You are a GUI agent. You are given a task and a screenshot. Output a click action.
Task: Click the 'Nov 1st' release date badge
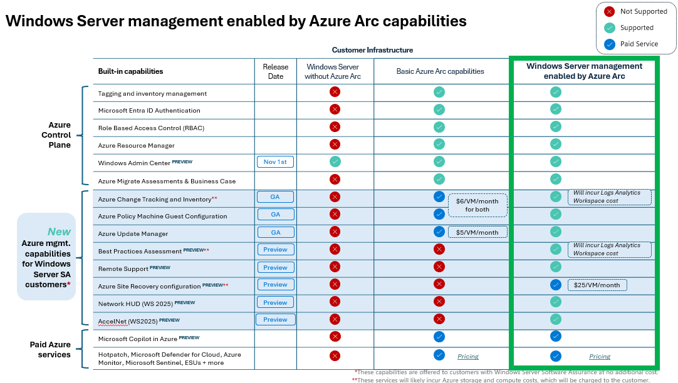[x=275, y=162]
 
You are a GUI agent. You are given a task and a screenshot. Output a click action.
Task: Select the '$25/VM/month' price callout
[x=597, y=285]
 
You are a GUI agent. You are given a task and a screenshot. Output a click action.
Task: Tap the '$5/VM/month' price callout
[x=477, y=232]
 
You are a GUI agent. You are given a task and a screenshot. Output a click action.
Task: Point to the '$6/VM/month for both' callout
[x=477, y=205]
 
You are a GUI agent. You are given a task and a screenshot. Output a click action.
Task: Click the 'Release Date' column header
[x=276, y=71]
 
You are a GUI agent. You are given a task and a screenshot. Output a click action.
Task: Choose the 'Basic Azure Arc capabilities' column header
[x=440, y=71]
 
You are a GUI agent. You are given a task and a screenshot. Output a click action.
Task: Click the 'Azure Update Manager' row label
[x=133, y=233]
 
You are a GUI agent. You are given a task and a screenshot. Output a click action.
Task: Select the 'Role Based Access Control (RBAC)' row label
[x=151, y=128]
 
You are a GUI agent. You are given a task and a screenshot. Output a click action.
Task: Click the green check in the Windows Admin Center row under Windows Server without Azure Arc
[x=335, y=161]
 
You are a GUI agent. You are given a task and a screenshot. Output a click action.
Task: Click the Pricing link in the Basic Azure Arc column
[x=467, y=357]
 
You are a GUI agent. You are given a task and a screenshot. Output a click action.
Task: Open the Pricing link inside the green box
[x=599, y=357]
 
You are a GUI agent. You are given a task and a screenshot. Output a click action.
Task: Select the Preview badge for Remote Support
[x=275, y=267]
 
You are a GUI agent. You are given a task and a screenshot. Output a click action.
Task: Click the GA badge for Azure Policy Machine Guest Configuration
[x=275, y=214]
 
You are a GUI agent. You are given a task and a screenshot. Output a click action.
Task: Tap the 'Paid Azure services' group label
[x=50, y=350]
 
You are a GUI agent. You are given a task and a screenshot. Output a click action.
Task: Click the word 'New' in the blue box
[x=60, y=232]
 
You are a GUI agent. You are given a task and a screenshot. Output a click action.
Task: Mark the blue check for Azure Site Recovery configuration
[x=555, y=285]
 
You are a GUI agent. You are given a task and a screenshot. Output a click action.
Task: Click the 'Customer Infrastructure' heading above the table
[x=372, y=50]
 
